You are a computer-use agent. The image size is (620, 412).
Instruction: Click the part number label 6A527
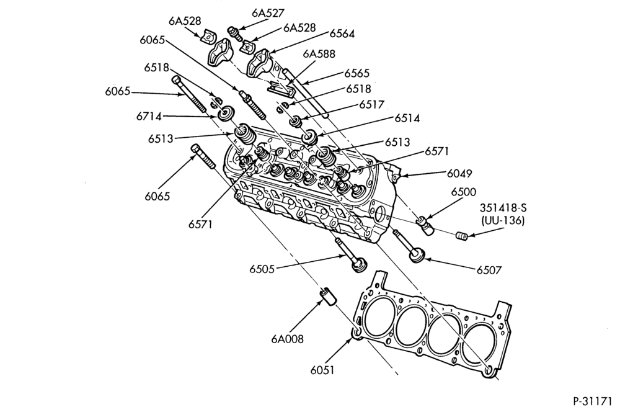[268, 13]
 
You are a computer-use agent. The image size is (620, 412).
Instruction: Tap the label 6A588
[319, 53]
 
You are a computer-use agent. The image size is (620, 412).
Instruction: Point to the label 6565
[356, 73]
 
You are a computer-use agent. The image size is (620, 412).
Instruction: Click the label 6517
[371, 104]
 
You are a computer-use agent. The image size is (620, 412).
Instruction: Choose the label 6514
[407, 119]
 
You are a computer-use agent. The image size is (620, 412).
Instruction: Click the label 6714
[149, 117]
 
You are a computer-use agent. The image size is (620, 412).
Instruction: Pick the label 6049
[459, 173]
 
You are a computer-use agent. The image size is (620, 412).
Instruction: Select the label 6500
[463, 192]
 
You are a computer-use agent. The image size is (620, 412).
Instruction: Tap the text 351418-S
[503, 208]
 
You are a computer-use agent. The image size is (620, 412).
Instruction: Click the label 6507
[489, 271]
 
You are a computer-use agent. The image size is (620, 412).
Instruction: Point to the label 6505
[262, 269]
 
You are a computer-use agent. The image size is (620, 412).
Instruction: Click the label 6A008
[288, 339]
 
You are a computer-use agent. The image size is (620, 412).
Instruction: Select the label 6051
[322, 370]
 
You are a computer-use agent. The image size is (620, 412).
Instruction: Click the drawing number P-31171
[592, 401]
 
